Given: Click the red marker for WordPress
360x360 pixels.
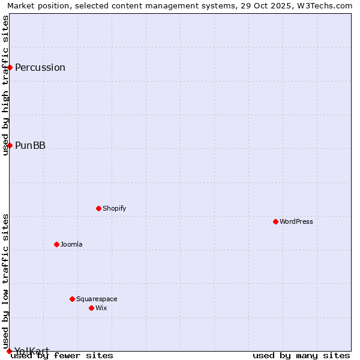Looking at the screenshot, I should (x=275, y=221).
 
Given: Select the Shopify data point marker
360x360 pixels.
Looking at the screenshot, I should (x=98, y=208).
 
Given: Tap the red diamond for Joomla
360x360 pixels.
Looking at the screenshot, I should (x=56, y=244).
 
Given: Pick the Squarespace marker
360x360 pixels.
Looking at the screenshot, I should (x=72, y=299).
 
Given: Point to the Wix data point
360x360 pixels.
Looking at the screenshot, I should (x=91, y=308).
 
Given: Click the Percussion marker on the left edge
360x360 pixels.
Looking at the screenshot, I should (x=10, y=67).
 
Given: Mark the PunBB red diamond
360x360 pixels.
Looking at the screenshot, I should (x=10, y=145).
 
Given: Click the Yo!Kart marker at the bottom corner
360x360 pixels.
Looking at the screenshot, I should (x=9, y=351).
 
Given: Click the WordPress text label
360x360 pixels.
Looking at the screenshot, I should (x=296, y=221).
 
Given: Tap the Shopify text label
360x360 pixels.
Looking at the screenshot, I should (x=114, y=208).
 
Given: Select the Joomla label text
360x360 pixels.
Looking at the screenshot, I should (x=71, y=244).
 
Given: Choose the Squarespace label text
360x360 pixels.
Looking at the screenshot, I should (x=97, y=299).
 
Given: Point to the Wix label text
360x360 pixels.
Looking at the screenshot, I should (x=101, y=308).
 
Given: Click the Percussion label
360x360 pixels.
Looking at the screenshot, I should (x=40, y=67).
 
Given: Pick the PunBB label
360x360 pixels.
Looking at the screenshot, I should (x=30, y=145).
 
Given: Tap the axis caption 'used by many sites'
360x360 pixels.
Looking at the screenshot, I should (x=301, y=355).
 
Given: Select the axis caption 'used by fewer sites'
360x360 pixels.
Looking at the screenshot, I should (x=62, y=355).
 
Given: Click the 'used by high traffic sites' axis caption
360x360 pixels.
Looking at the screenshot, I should (x=5, y=85).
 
